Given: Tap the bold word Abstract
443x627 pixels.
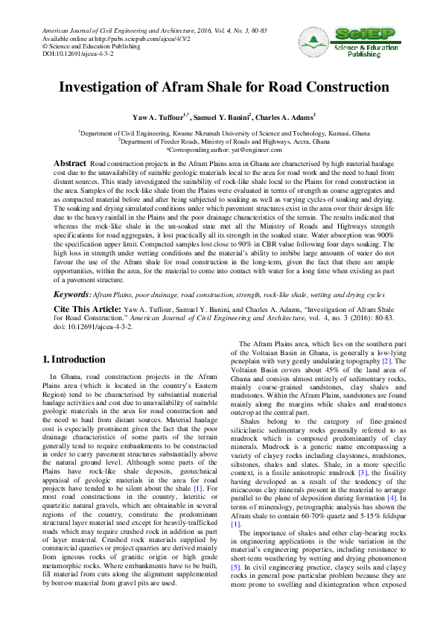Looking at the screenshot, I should [71, 162].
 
